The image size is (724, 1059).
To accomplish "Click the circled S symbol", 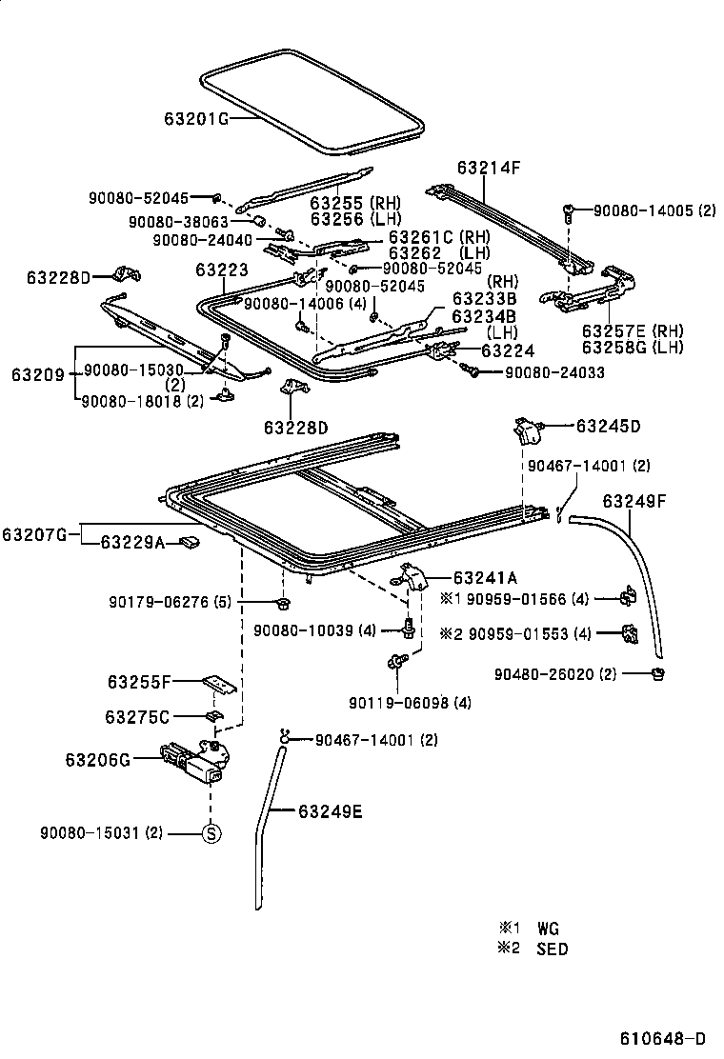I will (211, 833).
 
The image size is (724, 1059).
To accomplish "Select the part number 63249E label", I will (331, 812).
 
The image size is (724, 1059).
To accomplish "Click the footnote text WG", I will (548, 928).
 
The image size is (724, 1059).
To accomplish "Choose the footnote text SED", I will (553, 949).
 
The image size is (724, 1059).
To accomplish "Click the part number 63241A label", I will (486, 577).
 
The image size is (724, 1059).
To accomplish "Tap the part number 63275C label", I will (139, 716).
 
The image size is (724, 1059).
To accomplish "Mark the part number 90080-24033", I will (553, 372).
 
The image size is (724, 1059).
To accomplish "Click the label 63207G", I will (33, 534).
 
